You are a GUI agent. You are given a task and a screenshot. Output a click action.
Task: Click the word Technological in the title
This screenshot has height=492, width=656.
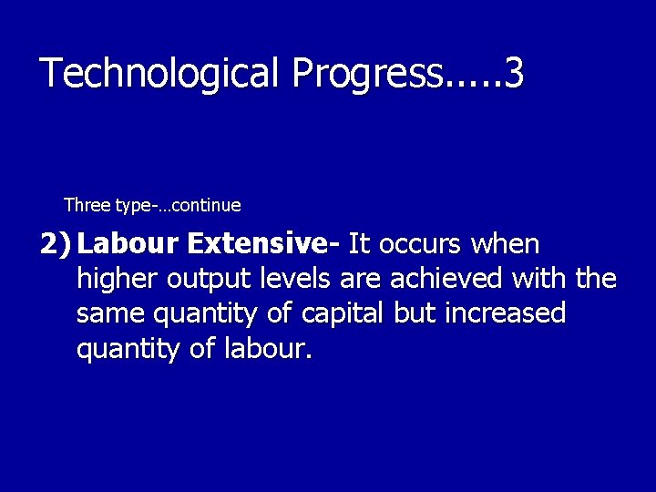(x=159, y=74)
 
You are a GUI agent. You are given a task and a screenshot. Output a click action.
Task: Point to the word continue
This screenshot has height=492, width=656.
(x=206, y=205)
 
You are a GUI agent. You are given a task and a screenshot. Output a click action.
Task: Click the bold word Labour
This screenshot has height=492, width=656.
(x=128, y=244)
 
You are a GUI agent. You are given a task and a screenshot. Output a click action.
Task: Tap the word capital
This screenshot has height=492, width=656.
(x=344, y=313)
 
